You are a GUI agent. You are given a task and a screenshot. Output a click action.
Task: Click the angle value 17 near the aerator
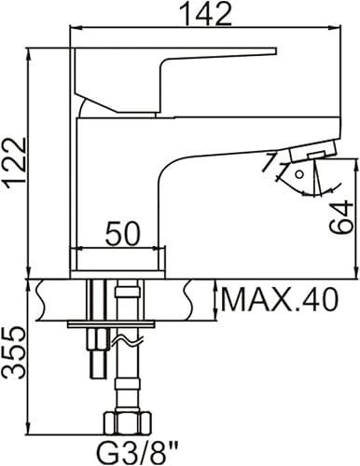click(x=270, y=166)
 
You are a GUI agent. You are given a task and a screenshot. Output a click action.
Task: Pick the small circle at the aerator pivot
click(x=298, y=172)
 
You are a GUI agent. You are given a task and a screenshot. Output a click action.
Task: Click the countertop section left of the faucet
click(x=52, y=298)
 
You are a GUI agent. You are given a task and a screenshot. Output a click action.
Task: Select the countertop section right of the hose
click(x=173, y=298)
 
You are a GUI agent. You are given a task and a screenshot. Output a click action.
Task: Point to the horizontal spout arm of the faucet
click(x=233, y=140)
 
